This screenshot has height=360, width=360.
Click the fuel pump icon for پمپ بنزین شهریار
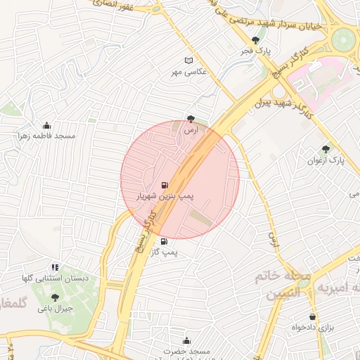point(165,186)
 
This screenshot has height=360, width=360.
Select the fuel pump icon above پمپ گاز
point(165,241)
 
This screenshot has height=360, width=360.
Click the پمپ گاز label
point(167,252)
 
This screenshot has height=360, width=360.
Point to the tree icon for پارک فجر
point(255,40)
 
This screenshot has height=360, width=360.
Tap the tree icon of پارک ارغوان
point(325,148)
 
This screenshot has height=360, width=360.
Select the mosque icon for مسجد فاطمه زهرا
point(47,125)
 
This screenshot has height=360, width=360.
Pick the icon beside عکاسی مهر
point(188,60)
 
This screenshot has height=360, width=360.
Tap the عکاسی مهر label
point(187,72)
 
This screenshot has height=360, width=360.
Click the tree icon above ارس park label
point(191,119)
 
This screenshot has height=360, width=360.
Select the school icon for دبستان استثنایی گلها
point(55,267)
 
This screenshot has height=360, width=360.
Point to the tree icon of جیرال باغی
point(55,297)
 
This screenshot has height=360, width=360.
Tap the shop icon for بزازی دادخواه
point(312,316)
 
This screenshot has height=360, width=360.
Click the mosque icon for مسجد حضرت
point(186,340)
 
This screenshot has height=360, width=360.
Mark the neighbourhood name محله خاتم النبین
point(288,285)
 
